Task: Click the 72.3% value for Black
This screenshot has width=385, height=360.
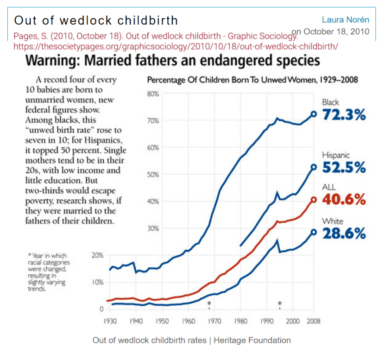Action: [x=344, y=115]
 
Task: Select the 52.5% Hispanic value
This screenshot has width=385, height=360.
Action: [x=344, y=168]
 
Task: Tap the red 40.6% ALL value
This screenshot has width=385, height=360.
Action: [x=344, y=200]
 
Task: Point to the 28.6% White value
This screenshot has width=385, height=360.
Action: [x=344, y=234]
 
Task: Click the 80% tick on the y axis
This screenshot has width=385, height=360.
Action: [x=153, y=94]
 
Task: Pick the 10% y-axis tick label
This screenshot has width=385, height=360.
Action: [x=97, y=282]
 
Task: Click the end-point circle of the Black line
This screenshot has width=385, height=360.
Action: [x=314, y=114]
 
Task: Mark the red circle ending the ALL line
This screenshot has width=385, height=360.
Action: [x=314, y=200]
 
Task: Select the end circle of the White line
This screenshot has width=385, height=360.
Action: [x=314, y=232]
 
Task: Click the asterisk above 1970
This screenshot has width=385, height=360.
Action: [x=209, y=303]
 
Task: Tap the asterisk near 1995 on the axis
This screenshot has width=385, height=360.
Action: [x=280, y=303]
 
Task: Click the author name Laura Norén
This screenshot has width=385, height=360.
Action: [x=346, y=19]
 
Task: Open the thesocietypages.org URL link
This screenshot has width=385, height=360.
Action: [x=176, y=46]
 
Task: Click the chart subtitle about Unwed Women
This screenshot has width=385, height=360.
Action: [x=252, y=80]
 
